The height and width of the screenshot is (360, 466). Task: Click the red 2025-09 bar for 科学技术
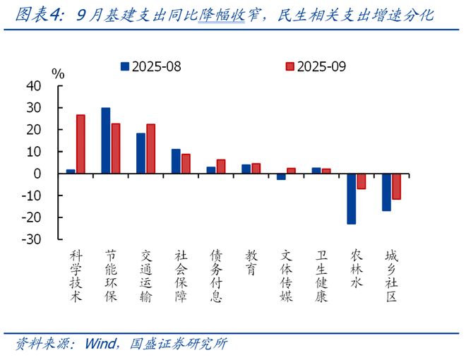pyautogui.click(x=80, y=144)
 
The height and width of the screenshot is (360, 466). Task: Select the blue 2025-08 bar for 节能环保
pyautogui.click(x=106, y=140)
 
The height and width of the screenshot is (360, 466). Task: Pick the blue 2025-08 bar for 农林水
pyautogui.click(x=352, y=199)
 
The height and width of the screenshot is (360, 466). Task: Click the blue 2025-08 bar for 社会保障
pyautogui.click(x=176, y=162)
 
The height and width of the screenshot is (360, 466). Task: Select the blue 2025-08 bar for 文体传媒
pyautogui.click(x=281, y=176)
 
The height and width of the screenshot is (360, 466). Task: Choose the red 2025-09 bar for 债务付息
pyautogui.click(x=221, y=167)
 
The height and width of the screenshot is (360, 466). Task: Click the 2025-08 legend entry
pyautogui.click(x=151, y=66)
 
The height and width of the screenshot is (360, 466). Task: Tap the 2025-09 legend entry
pyautogui.click(x=314, y=66)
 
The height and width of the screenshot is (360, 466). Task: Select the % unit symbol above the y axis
pyautogui.click(x=59, y=73)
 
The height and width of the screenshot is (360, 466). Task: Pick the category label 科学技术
pyautogui.click(x=76, y=275)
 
